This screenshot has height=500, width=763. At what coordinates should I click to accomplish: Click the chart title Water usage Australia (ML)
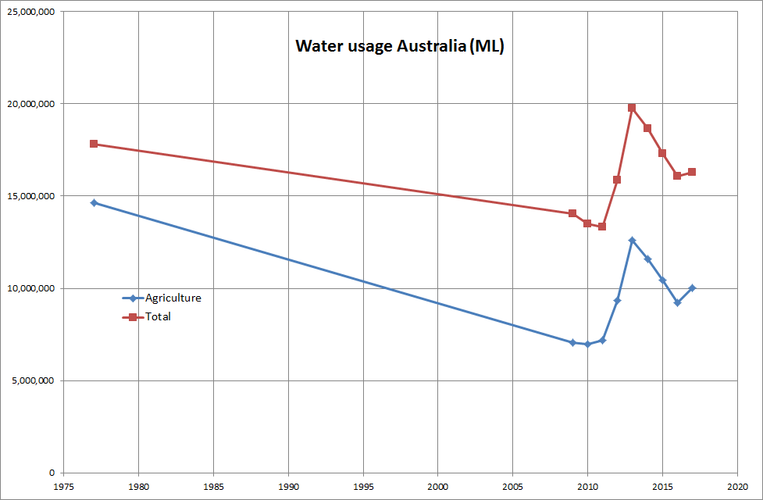click(400, 46)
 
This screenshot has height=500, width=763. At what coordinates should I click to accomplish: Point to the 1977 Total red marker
click(94, 144)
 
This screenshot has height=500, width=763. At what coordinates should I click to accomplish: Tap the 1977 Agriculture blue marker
click(94, 202)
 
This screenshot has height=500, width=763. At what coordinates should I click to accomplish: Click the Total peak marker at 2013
click(632, 108)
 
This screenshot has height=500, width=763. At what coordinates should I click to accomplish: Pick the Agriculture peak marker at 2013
click(632, 240)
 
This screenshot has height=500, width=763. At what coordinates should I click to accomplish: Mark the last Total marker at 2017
click(692, 172)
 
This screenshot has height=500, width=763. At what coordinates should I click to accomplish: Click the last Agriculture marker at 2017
click(692, 287)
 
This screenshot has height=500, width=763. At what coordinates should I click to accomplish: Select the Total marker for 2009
click(572, 213)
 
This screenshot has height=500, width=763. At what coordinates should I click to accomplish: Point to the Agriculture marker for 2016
click(677, 302)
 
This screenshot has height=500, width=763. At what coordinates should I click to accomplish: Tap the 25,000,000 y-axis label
click(32, 12)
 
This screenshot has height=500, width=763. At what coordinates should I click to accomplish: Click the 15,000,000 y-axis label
click(32, 196)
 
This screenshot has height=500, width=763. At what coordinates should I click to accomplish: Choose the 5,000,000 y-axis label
click(34, 380)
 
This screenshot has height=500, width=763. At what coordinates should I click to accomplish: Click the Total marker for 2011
click(602, 227)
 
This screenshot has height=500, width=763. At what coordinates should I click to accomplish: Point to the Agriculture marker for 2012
click(617, 300)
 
